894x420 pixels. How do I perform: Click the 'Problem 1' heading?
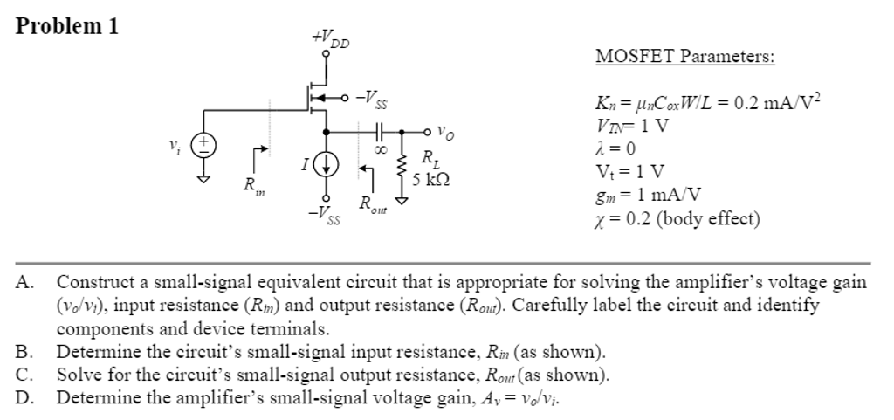67,25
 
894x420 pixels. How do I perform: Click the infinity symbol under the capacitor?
381,150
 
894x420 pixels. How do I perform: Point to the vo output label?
444,134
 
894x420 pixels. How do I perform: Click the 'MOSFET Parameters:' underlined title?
684,58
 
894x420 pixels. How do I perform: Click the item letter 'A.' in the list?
24,282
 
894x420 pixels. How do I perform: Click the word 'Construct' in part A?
93,282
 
